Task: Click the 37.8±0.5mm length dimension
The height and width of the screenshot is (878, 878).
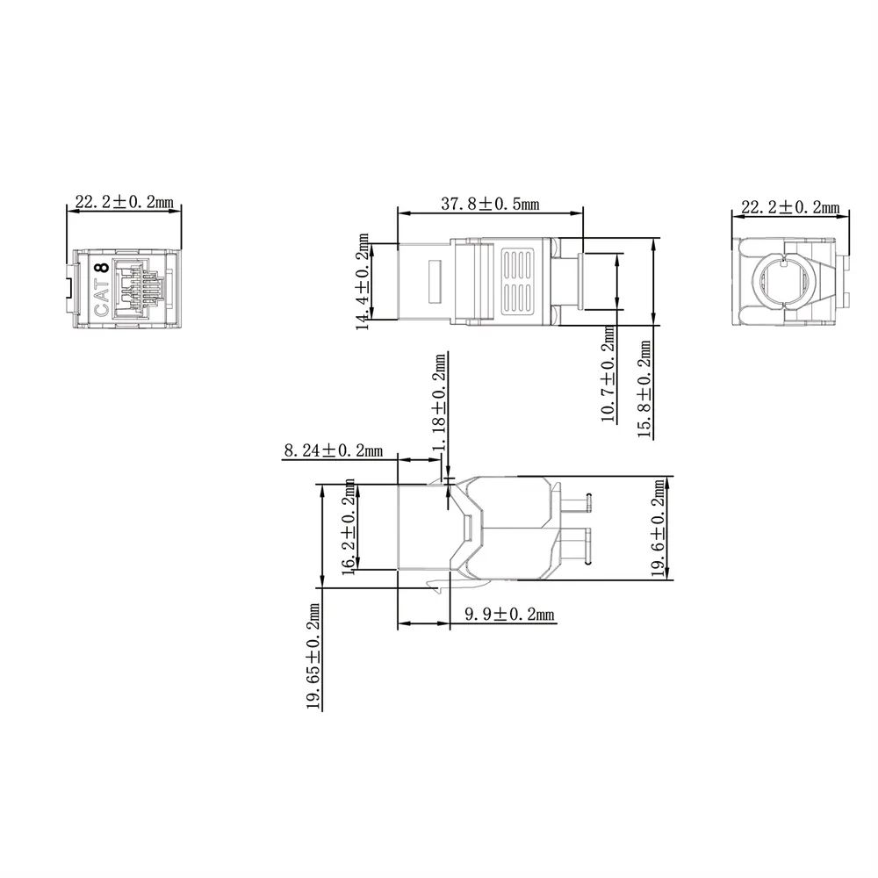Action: [490, 204]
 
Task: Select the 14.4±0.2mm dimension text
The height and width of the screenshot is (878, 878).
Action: [363, 282]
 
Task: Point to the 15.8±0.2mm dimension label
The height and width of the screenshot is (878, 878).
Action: [644, 389]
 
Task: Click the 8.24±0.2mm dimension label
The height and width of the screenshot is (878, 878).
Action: [334, 450]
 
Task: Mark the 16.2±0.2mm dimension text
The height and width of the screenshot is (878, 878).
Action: [349, 527]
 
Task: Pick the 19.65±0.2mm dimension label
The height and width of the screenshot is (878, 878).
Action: [313, 656]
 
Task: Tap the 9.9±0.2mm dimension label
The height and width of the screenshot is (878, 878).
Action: [509, 615]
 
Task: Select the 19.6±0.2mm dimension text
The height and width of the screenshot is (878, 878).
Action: [659, 528]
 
